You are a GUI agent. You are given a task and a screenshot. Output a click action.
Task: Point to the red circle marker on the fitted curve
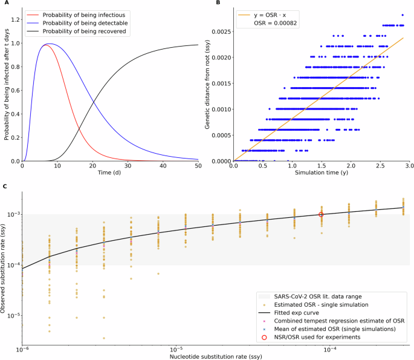(322, 214)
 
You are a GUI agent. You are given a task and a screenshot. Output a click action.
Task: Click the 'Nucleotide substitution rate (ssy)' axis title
(215, 356)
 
